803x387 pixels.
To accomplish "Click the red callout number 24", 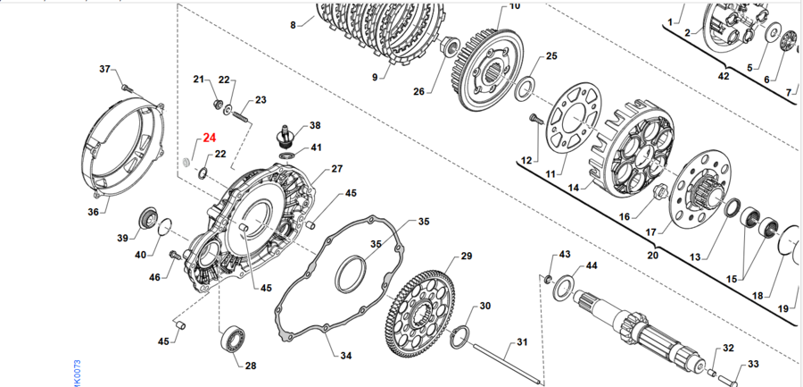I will [x=209, y=138].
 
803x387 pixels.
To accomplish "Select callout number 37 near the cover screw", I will [x=104, y=69].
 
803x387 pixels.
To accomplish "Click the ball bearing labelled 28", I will [x=234, y=341].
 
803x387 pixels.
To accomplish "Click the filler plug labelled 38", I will [x=285, y=137].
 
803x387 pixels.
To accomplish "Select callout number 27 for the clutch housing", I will [x=336, y=168].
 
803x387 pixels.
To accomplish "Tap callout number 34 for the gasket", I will [x=346, y=355].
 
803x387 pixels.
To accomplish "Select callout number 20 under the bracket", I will [x=653, y=256].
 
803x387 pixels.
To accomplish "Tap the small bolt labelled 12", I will [x=535, y=119].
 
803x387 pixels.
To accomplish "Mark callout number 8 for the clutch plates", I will [x=293, y=25].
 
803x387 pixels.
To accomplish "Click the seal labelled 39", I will [x=147, y=219].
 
